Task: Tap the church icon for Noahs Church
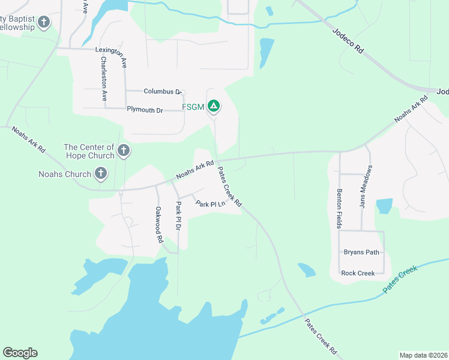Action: coord(101,175)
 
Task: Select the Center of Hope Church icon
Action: coord(124,150)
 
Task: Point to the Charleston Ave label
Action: coord(104,78)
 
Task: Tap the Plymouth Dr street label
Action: coord(145,110)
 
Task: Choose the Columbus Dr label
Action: coord(162,91)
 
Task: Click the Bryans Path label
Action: coord(361,252)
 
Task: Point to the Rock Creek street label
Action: coord(358,273)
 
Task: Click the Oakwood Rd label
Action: coord(159,224)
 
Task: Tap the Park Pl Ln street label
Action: coord(210,204)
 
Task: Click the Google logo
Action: coord(20,353)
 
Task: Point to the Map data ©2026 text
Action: coord(423,355)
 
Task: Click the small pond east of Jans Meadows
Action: coord(384,206)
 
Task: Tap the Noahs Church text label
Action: coord(65,175)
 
